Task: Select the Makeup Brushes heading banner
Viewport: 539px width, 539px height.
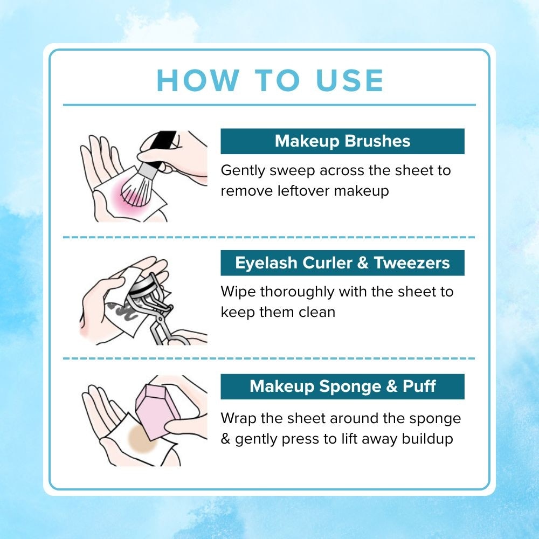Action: coord(342,141)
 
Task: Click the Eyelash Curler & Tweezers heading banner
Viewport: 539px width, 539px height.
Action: coord(342,263)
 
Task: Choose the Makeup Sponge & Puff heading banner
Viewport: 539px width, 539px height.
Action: coord(342,386)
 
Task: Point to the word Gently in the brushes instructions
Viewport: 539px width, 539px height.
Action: coord(241,171)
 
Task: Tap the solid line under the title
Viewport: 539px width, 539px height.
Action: coord(269,105)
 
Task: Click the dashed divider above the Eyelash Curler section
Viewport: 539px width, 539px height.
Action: coord(269,237)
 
